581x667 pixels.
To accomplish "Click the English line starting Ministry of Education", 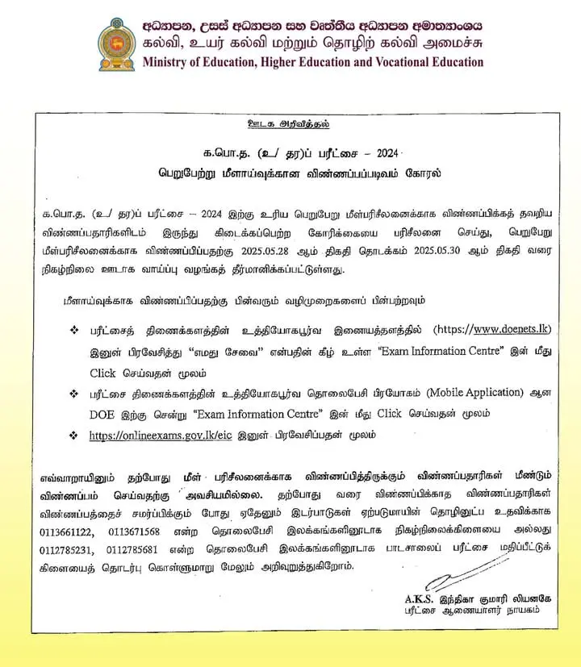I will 313,62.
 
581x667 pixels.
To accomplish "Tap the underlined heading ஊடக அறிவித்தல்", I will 289,123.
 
